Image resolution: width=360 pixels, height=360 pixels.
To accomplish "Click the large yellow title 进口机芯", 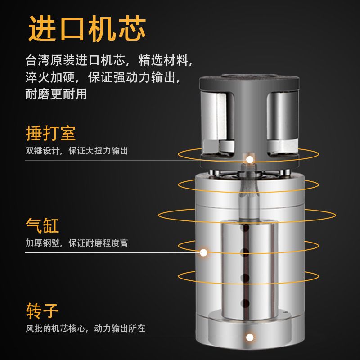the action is point(87,28).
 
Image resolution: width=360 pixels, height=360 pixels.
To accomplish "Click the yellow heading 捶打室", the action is point(51,133).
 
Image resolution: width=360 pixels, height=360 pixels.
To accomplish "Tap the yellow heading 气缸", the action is point(42,225).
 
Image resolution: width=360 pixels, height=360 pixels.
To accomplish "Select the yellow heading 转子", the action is point(42,310).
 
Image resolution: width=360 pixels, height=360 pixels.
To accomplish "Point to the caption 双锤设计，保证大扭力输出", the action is point(76,151).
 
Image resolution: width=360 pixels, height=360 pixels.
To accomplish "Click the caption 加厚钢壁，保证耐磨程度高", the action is point(76,243).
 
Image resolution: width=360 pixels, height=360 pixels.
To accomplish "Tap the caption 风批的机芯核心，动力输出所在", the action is point(85,328).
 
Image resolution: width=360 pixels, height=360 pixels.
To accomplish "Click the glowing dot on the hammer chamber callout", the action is point(250,160).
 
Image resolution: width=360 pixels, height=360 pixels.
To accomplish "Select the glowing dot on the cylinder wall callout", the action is point(203,252).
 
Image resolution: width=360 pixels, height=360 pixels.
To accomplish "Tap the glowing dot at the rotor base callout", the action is point(250,337).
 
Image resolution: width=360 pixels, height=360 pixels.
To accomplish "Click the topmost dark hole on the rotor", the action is point(245,228).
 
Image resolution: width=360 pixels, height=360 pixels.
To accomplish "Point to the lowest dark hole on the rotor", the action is point(245,303).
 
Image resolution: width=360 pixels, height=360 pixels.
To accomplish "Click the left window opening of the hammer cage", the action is point(218,121).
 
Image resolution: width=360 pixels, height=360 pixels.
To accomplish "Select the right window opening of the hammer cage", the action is point(283,122).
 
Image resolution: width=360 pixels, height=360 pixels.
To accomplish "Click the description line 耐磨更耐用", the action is point(56,94).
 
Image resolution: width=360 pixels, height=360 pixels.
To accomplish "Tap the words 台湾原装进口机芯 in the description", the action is point(75,60).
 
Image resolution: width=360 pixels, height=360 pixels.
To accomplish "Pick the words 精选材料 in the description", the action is point(163,60).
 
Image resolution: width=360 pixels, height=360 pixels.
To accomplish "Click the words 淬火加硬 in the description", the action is point(50,77).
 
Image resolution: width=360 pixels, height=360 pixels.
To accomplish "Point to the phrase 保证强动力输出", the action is point(131,77).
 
